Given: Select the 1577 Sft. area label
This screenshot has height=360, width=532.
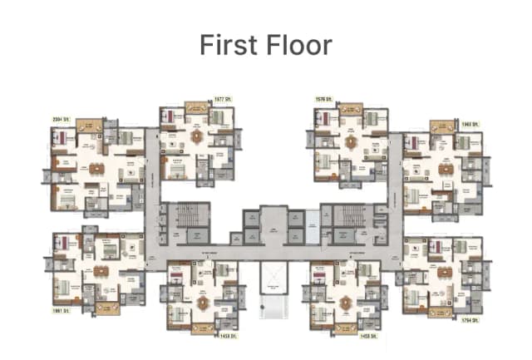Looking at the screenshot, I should pos(223,99).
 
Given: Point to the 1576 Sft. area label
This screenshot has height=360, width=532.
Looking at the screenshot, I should pos(323,99).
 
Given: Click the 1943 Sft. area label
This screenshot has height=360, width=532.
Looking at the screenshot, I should pos(471,124).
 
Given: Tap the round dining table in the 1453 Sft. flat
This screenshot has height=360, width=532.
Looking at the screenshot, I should pos(202,302).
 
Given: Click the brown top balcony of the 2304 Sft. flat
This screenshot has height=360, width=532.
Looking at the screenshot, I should pos(88,126).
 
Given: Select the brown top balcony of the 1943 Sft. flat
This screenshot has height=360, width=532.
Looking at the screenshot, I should pos(441,126).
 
